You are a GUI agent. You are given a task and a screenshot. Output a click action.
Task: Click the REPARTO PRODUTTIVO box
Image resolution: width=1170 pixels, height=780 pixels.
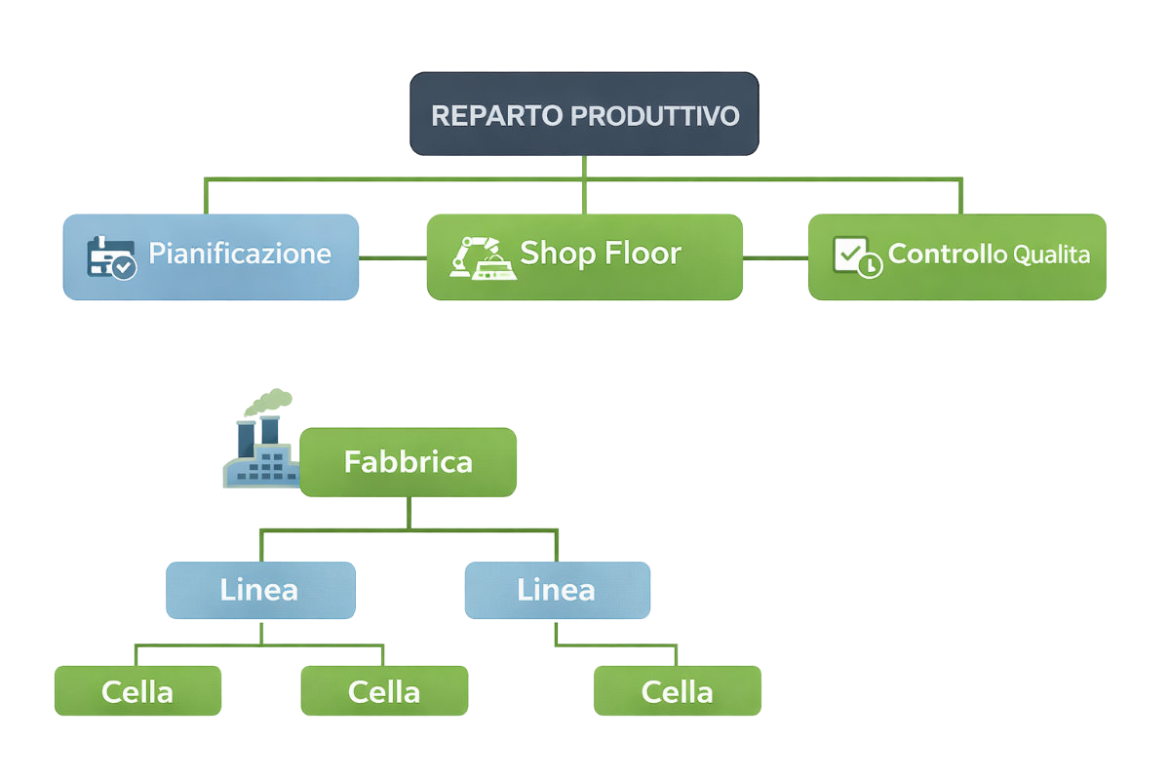tap(583, 113)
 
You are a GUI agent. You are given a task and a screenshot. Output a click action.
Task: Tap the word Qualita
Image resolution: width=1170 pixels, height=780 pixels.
tap(1051, 255)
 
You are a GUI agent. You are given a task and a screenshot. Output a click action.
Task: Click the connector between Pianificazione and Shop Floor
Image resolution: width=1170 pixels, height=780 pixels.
tap(393, 257)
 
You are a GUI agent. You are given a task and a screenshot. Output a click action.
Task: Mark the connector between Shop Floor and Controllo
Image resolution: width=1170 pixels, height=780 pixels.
tap(775, 257)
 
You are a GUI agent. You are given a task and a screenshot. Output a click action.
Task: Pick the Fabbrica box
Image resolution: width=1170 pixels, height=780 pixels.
tap(408, 462)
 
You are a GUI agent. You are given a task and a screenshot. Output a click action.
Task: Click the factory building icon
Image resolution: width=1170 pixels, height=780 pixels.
tap(259, 456)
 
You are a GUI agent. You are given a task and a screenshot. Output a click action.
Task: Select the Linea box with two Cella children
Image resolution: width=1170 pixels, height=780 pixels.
tap(260, 590)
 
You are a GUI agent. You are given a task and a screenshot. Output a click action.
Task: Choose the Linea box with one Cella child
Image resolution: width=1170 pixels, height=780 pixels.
tap(557, 590)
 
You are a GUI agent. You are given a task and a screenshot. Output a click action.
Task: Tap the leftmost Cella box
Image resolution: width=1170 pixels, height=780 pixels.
tap(137, 691)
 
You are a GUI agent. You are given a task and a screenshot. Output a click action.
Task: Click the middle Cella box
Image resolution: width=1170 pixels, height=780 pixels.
tap(384, 691)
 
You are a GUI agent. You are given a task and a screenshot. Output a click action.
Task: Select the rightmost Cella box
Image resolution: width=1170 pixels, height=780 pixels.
tap(677, 691)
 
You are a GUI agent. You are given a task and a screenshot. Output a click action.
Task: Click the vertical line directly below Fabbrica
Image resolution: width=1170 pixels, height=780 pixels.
tap(409, 513)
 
